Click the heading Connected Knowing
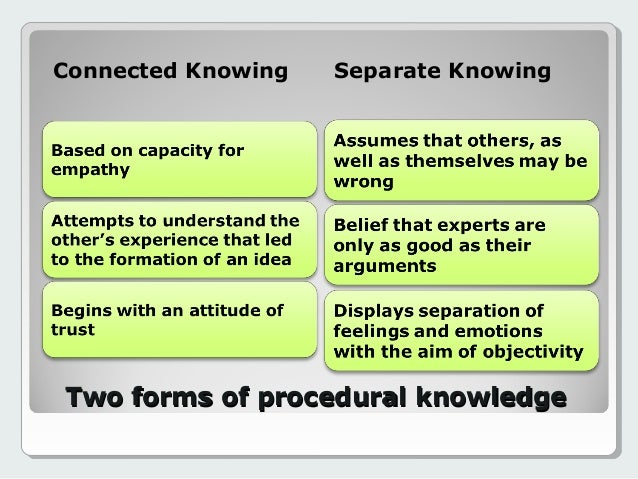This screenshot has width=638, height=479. click(169, 72)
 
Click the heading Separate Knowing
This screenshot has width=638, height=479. click(442, 72)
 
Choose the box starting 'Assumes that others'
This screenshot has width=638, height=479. click(462, 160)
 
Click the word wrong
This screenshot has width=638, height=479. click(364, 182)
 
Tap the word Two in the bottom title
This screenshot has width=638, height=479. click(92, 397)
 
